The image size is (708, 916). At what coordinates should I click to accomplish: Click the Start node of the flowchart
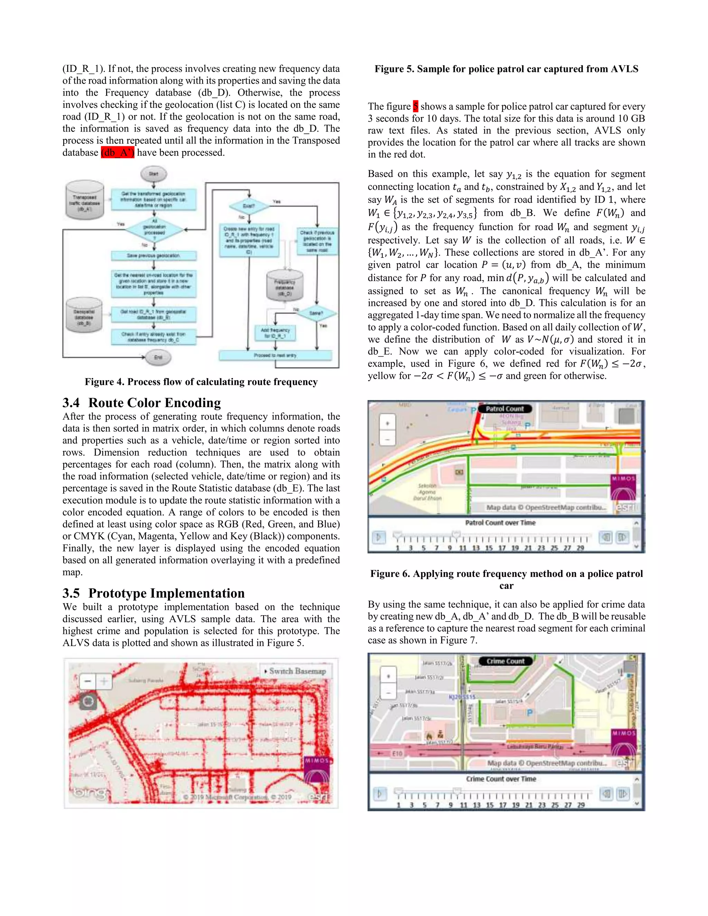153,174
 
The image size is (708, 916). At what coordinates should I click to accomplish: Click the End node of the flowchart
158,357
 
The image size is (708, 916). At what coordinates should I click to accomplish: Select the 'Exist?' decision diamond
249,206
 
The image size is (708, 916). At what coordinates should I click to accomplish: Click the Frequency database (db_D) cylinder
285,286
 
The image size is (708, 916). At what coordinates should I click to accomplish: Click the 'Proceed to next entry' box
275,355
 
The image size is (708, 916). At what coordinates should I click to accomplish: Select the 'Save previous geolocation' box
153,255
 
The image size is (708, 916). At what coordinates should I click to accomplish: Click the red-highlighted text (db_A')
118,153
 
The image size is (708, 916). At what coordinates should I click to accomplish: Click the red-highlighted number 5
415,106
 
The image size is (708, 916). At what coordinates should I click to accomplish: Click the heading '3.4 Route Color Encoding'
142,403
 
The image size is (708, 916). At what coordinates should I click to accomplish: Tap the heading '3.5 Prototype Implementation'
153,593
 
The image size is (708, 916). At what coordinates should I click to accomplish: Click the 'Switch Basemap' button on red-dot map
295,671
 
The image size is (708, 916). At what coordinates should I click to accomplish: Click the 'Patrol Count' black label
505,409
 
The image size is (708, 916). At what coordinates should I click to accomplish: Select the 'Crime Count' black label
505,661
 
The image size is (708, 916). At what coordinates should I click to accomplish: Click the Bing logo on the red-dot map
91,793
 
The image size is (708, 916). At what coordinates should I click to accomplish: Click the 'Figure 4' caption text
201,382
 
